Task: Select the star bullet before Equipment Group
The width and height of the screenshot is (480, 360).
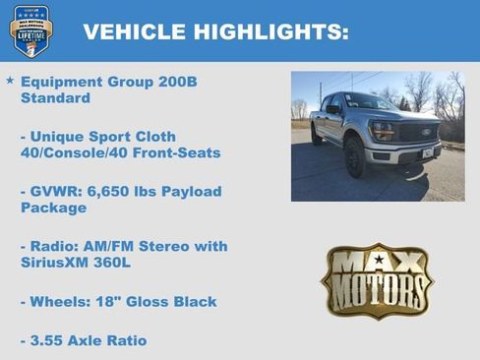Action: (10, 80)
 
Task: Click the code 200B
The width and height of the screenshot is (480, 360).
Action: (178, 81)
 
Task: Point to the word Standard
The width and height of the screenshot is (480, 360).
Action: (55, 98)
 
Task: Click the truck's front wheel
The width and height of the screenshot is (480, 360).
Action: (355, 156)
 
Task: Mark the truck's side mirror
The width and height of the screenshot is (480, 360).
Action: (333, 110)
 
